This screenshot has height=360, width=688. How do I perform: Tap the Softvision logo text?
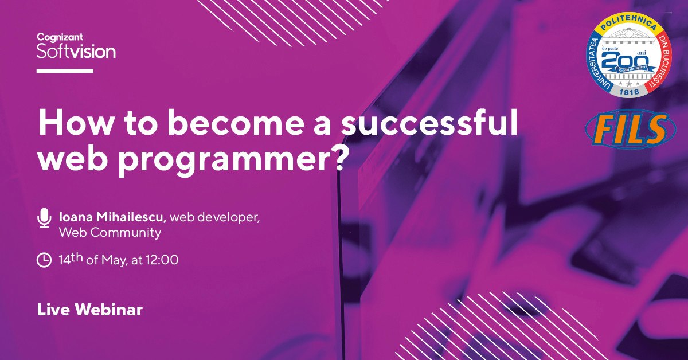coord(76,52)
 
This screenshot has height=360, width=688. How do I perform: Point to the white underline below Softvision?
coord(65,71)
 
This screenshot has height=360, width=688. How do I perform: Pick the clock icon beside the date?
coord(44,260)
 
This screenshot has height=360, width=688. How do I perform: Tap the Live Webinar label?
coord(90,310)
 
